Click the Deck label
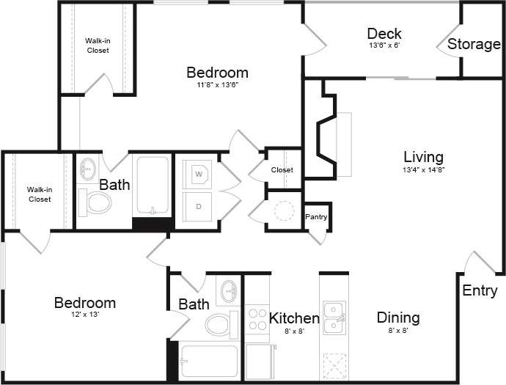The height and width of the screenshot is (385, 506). pyautogui.click(x=384, y=34)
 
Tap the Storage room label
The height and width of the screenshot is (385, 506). pyautogui.click(x=474, y=44)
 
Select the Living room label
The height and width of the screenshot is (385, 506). pyautogui.click(x=423, y=157)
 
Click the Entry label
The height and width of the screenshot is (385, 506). pyautogui.click(x=480, y=291)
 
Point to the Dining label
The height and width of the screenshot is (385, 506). pyautogui.click(x=398, y=318)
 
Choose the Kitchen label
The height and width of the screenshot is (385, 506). pyautogui.click(x=294, y=318)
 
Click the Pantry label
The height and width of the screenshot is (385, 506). pyautogui.click(x=316, y=217)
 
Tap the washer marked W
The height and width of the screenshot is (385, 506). pyautogui.click(x=199, y=174)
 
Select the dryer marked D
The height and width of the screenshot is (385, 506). pyautogui.click(x=199, y=206)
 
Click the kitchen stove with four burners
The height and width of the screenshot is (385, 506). pyautogui.click(x=257, y=320)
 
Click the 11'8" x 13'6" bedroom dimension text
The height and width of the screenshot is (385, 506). pyautogui.click(x=217, y=85)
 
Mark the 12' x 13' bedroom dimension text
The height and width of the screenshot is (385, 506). pyautogui.click(x=84, y=315)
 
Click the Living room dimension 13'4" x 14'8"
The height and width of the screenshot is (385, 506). pyautogui.click(x=423, y=169)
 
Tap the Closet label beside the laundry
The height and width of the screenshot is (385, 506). pyautogui.click(x=282, y=170)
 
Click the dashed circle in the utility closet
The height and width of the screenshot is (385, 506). pyautogui.click(x=283, y=211)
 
